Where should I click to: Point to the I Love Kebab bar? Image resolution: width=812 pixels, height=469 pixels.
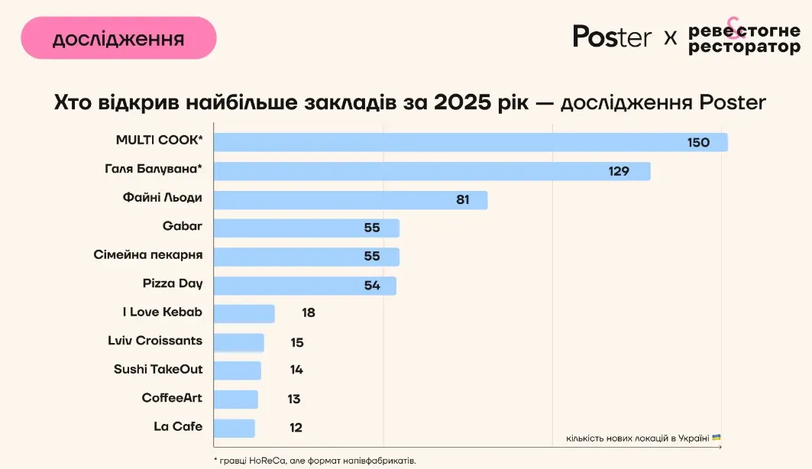(244, 314)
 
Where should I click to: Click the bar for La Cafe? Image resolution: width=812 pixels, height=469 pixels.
(234, 428)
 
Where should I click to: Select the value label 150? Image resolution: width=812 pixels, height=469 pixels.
(698, 143)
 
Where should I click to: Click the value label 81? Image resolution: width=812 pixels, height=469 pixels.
(462, 200)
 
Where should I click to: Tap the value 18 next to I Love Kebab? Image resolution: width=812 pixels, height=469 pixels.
(308, 312)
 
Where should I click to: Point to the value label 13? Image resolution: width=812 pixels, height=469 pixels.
(294, 399)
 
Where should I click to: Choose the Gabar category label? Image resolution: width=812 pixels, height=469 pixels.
(183, 226)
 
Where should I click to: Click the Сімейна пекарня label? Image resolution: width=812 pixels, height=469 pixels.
(148, 254)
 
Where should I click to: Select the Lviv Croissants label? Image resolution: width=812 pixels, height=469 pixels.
(155, 341)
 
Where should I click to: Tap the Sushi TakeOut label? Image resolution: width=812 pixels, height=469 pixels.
(158, 369)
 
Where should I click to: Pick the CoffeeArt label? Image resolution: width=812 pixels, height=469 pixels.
(172, 398)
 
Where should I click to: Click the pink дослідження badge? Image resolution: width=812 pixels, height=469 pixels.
(118, 38)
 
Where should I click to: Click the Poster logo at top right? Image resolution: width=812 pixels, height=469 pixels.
(612, 37)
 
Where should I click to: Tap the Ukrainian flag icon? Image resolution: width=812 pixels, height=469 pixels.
(717, 438)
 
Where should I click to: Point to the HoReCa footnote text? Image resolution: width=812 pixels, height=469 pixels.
(315, 461)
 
